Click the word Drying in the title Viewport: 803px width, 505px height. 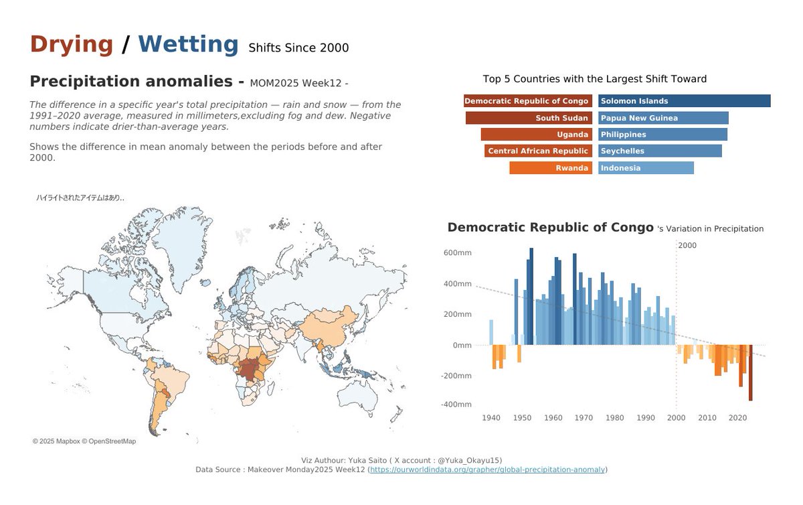72,44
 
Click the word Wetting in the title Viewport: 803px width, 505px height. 188,44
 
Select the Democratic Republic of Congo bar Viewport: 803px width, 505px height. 527,101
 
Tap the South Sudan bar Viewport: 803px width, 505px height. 529,118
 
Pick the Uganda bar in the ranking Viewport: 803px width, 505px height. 536,135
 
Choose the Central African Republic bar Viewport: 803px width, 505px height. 538,151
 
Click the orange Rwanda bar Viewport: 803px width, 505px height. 550,168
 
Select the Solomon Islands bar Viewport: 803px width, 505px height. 684,101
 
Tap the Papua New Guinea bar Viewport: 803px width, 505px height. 663,118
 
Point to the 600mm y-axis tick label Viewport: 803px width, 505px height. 457,252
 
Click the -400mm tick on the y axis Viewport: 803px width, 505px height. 456,405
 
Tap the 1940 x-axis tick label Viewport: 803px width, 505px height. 491,418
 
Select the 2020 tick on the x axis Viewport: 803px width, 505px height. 738,418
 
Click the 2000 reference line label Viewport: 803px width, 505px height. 687,246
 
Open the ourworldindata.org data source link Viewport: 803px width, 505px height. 487,470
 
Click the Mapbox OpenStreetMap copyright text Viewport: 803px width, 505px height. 84,441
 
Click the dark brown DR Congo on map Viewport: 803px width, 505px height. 252,369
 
